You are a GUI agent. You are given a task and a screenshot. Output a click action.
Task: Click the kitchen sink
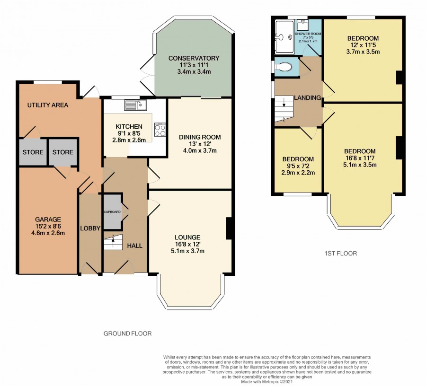pyautogui.click(x=135, y=105)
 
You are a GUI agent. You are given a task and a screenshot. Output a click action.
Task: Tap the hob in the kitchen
pyautogui.click(x=160, y=130)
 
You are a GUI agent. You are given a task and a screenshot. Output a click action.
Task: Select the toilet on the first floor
pyautogui.click(x=283, y=67)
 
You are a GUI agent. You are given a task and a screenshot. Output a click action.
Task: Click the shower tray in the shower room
pyautogui.click(x=284, y=37)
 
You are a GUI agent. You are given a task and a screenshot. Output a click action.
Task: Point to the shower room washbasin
pyautogui.click(x=303, y=25)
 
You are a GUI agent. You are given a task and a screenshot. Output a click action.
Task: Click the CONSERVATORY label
pyautogui.click(x=194, y=58)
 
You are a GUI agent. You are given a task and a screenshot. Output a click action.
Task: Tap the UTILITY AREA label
pyautogui.click(x=48, y=105)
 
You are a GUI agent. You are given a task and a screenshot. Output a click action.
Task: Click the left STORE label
pyautogui.click(x=33, y=152)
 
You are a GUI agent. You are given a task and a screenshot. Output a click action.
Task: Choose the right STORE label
pyautogui.click(x=63, y=152)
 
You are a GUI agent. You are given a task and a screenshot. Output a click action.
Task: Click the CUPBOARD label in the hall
pyautogui.click(x=112, y=212)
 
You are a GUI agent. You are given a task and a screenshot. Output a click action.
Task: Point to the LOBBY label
pyautogui.click(x=90, y=228)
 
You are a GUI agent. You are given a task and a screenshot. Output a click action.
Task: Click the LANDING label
pyautogui.click(x=308, y=97)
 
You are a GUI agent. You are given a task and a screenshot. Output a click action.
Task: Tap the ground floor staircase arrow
pyautogui.click(x=113, y=239)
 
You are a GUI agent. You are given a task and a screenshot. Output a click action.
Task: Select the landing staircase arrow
pyautogui.click(x=284, y=103)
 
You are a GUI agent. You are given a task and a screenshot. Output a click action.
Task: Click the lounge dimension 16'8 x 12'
pyautogui.click(x=188, y=244)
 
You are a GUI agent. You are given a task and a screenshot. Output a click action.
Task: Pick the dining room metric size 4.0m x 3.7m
pyautogui.click(x=200, y=150)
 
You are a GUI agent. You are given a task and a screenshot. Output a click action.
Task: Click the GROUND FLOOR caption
pyautogui.click(x=128, y=333)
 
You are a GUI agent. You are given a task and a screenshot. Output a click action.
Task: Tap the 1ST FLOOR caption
pyautogui.click(x=341, y=253)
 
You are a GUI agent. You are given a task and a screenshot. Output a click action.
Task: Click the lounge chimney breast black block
pyautogui.click(x=229, y=228)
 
